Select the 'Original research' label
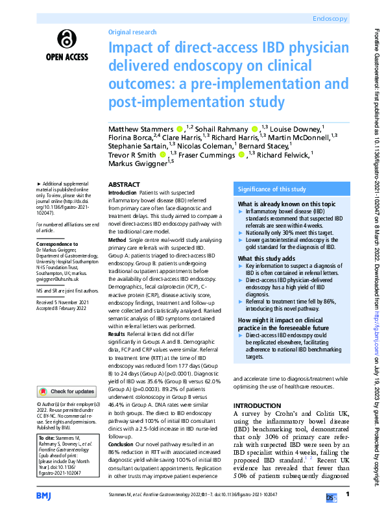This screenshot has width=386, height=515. click(x=132, y=32)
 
